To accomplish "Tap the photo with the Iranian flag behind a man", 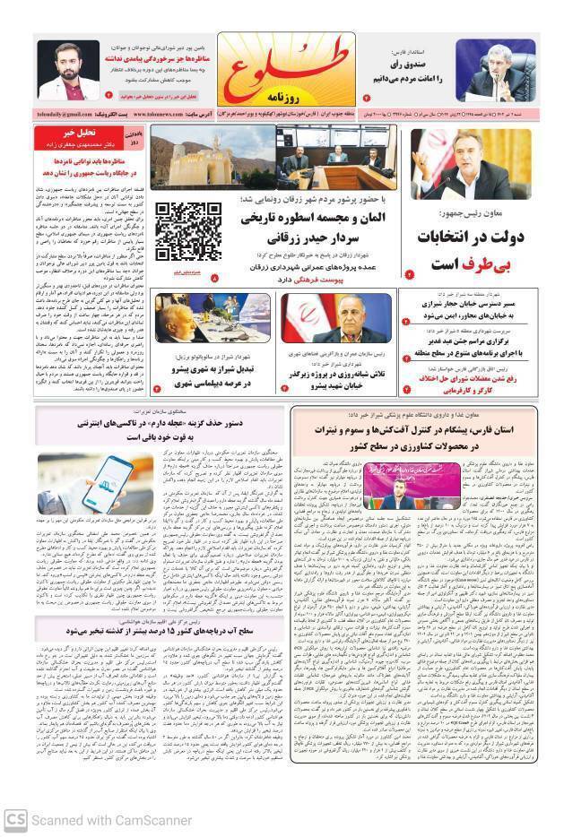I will click(337, 320).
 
